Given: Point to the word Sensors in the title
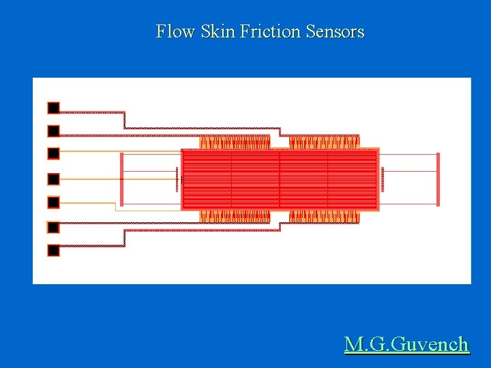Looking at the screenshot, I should [x=335, y=31].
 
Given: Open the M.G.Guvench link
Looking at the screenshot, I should [x=406, y=344].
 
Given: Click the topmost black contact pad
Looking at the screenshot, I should [x=53, y=108].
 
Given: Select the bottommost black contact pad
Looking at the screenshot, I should [x=53, y=250].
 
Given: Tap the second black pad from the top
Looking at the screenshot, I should [x=53, y=130].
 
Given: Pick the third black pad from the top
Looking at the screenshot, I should [x=53, y=153].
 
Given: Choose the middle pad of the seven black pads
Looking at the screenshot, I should [x=53, y=179].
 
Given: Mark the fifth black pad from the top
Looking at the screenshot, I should [x=53, y=202].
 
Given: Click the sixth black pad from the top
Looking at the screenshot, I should [x=53, y=227].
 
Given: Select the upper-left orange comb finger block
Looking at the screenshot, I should [x=234, y=142].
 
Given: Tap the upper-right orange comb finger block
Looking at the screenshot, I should [x=324, y=142].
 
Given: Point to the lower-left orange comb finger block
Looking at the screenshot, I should [x=234, y=217].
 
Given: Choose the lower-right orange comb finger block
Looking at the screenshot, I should [x=324, y=217].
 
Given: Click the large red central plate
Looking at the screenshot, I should [x=280, y=179].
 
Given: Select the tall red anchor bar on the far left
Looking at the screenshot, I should [x=121, y=179].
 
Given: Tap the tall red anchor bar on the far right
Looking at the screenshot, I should [x=438, y=179].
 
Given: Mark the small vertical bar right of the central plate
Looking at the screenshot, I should [x=383, y=179].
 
